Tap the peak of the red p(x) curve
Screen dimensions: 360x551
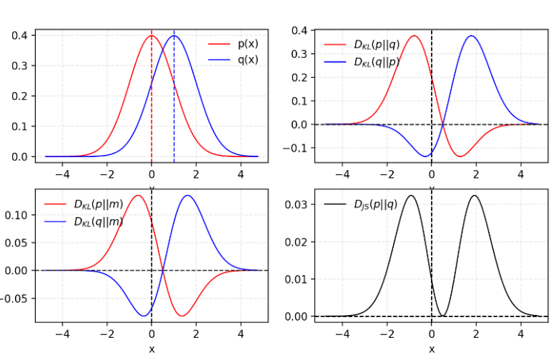(x=152, y=36)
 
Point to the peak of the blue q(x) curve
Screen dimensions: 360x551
(x=174, y=36)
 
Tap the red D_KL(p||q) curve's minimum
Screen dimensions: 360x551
(x=460, y=156)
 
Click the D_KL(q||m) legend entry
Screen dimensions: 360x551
(x=96, y=221)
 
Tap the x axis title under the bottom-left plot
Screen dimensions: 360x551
(x=152, y=349)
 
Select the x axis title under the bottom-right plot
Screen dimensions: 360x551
(x=432, y=349)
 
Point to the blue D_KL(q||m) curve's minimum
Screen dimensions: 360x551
(x=143, y=316)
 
